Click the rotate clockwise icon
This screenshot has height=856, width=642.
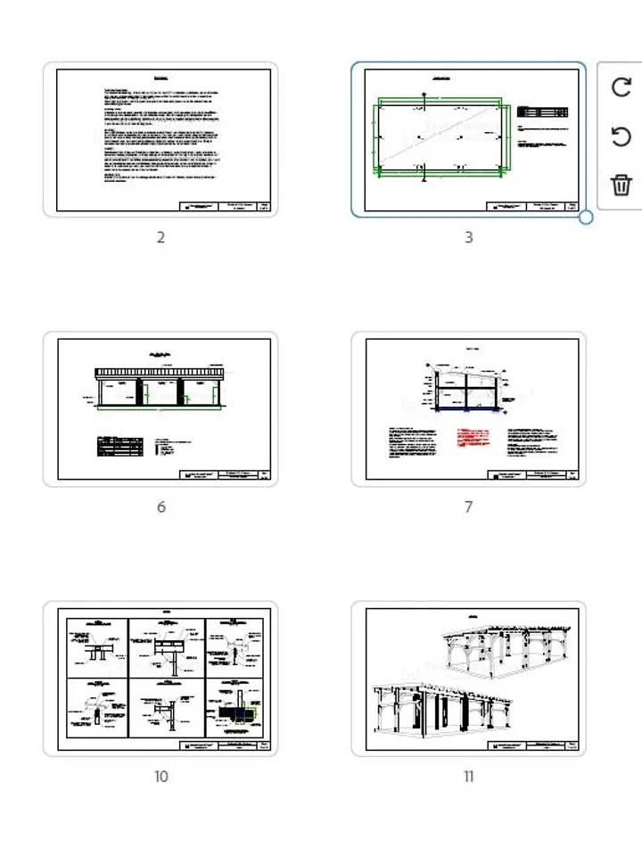[x=621, y=87]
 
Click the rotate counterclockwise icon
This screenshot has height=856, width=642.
[x=621, y=136]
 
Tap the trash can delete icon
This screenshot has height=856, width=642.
[x=621, y=185]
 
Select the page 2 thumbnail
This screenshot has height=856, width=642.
[x=160, y=139]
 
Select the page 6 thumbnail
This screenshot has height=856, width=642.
[x=160, y=408]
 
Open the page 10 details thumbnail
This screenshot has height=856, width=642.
[x=160, y=678]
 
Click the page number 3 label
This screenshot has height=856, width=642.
[x=468, y=238]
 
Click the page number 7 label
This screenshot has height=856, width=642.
[x=468, y=507]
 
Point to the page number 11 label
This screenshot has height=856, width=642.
[x=468, y=777]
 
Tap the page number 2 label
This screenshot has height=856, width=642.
[x=160, y=238]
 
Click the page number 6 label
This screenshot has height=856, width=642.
[x=160, y=507]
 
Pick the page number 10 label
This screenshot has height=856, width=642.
[x=160, y=777]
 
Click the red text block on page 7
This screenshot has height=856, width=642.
[x=473, y=438]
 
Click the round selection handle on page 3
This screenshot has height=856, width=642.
[x=586, y=217]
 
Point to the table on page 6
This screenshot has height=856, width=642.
[x=121, y=446]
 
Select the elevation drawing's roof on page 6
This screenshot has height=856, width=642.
[x=160, y=372]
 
